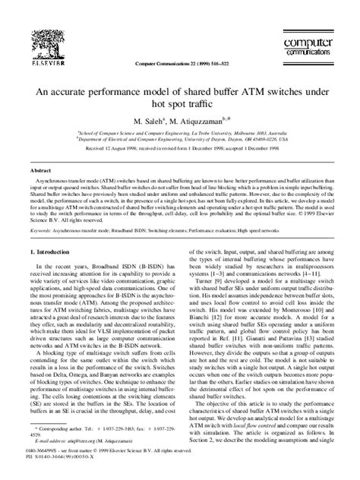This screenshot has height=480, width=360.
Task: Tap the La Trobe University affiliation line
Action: pos(180,131)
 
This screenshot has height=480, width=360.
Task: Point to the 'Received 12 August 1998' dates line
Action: pos(180,148)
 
